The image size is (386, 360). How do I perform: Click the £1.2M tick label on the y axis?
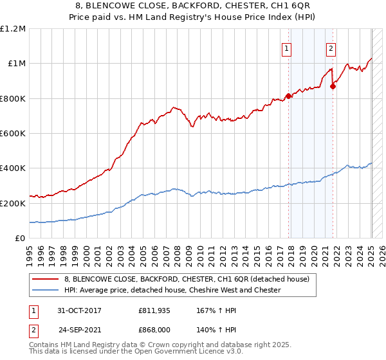14,28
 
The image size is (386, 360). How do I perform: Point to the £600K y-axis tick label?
14,134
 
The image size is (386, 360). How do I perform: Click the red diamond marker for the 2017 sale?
288,96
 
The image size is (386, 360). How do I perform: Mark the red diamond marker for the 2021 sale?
333,86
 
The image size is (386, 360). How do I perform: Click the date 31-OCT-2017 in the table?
79,310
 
